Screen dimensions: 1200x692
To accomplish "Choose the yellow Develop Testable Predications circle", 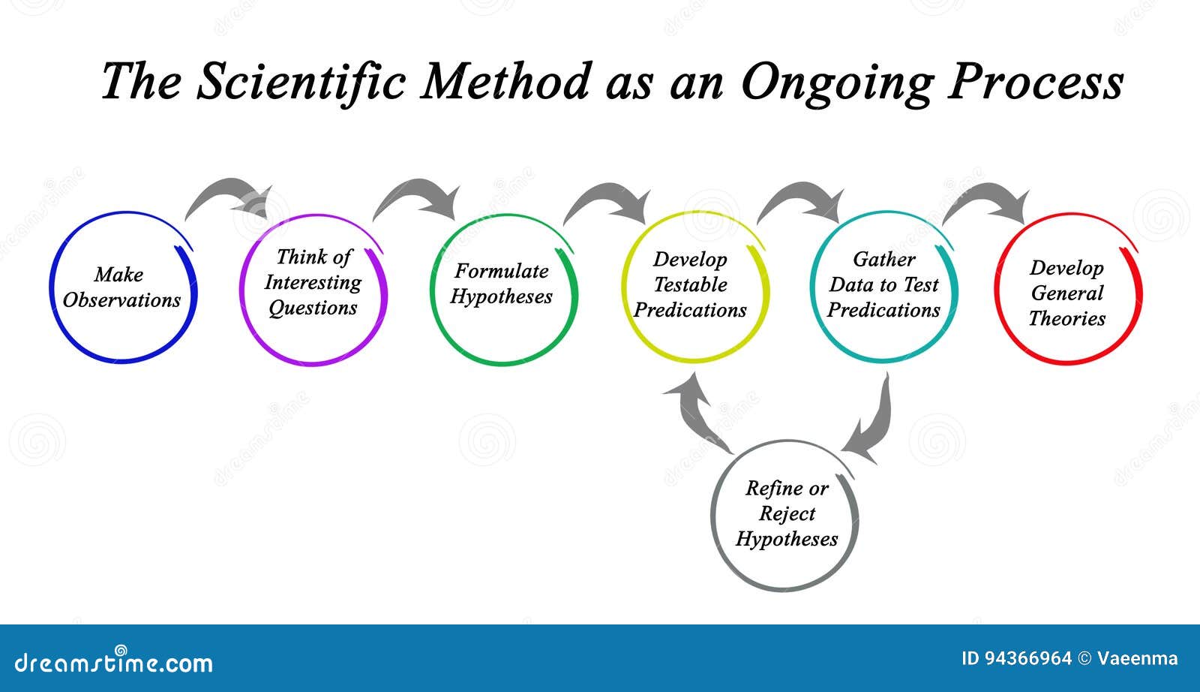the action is (x=623, y=286).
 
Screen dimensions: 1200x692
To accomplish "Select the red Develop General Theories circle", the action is (x=996, y=290).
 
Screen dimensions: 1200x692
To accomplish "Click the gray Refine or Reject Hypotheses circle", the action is (x=712, y=516).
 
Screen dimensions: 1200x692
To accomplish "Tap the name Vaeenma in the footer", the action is (x=1137, y=659).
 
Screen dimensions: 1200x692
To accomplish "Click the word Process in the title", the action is (x=1036, y=82).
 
